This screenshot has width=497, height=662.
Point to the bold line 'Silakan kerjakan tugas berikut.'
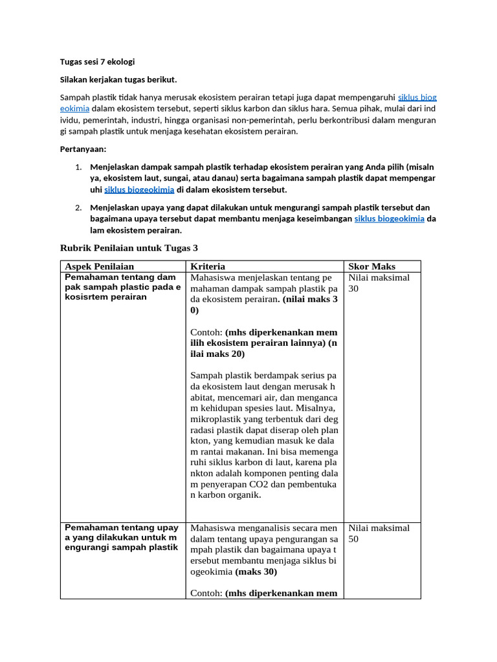tap(118, 80)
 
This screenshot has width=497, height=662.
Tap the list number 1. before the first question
tap(78, 166)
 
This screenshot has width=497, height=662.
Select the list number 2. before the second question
tap(78, 208)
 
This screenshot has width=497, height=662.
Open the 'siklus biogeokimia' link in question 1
tap(139, 189)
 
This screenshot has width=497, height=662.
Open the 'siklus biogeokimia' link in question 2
tap(389, 219)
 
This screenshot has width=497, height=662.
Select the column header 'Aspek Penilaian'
tap(99, 266)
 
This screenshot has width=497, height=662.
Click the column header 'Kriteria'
tap(208, 266)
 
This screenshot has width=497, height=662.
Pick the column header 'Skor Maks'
tap(371, 266)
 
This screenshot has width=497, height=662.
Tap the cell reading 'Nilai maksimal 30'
tap(379, 283)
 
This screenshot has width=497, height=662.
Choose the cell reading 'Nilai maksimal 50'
tap(379, 533)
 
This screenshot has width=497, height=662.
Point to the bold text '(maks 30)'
tap(257, 571)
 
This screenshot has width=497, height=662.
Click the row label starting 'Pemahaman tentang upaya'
tap(121, 537)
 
